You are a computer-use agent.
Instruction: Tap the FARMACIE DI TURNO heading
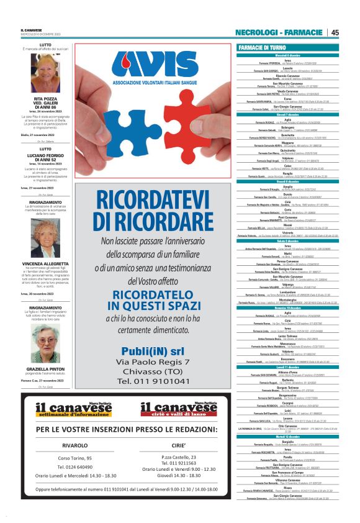pyautogui.click(x=262, y=47)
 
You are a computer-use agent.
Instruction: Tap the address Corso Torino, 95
pyautogui.click(x=75, y=458)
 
